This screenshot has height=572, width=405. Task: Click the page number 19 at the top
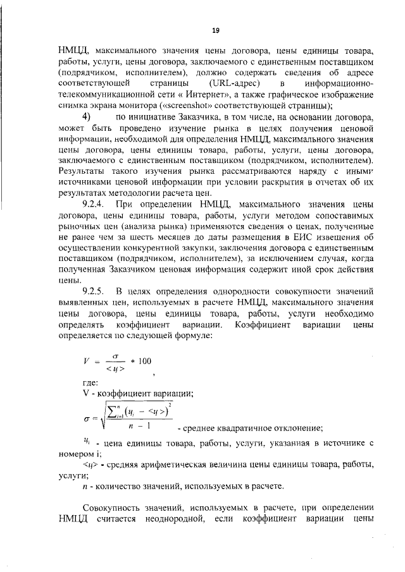(215, 30)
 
